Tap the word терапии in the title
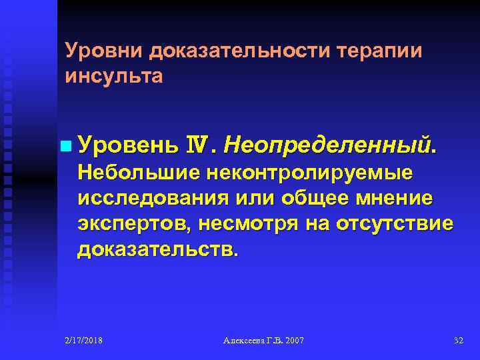tap(380, 51)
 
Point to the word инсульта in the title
tap(113, 76)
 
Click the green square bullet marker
tap(64, 145)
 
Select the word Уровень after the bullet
tap(127, 144)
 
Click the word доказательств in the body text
tap(155, 250)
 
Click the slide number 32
tap(458, 341)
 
